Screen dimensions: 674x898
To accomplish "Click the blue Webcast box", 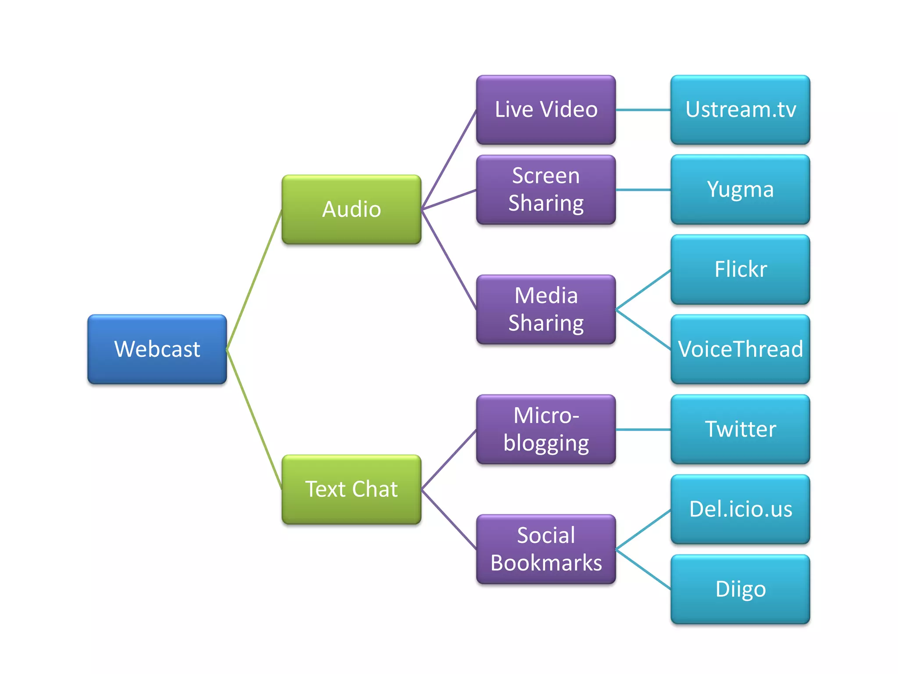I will point(157,349).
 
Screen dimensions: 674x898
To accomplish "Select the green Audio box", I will point(351,209).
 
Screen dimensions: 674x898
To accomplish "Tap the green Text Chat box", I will point(351,489).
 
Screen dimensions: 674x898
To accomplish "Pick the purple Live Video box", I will point(546,110).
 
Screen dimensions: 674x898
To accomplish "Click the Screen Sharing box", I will point(546,190).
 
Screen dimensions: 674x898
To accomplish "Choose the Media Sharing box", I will point(546,309).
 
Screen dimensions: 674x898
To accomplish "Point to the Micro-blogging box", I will point(546,429).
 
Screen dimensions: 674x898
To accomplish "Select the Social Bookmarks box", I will point(546,549).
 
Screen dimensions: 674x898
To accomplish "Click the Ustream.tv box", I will point(740,110).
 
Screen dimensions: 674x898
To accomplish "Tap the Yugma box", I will point(740,190).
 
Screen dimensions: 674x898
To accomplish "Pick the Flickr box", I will point(740,269).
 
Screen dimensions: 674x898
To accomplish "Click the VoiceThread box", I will point(740,349).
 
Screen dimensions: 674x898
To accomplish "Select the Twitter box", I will point(740,429).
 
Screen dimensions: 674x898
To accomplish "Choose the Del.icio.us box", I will point(740,509).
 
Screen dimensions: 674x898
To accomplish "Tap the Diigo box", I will point(740,589).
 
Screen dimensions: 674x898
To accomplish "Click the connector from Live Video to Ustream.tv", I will point(643,110).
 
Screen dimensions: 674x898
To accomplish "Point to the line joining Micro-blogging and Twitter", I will point(643,430).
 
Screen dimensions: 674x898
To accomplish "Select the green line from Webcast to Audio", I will point(254,280).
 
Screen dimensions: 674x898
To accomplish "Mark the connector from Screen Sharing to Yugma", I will point(643,190).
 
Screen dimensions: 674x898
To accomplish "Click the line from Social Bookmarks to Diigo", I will point(643,569).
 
